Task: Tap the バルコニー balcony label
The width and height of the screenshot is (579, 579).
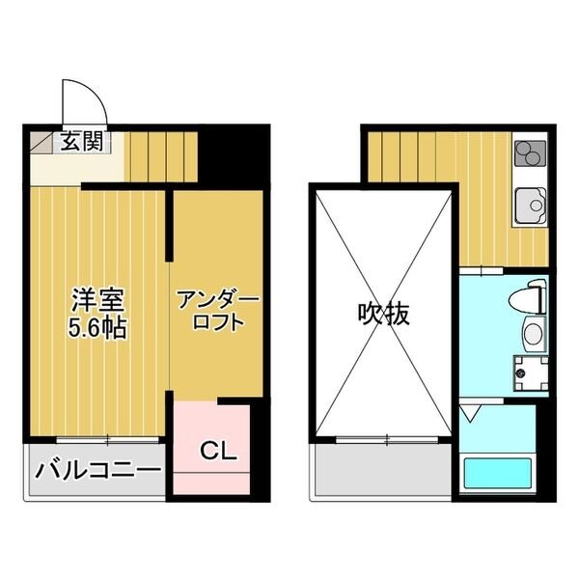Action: [x=96, y=472]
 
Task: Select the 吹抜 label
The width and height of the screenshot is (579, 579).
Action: [x=383, y=314]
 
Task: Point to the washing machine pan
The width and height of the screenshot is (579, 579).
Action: [x=529, y=371]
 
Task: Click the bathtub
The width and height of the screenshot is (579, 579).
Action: [x=498, y=475]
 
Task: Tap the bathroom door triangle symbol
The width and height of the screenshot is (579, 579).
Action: [x=470, y=413]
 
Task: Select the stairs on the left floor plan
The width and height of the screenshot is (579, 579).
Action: [x=160, y=154]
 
